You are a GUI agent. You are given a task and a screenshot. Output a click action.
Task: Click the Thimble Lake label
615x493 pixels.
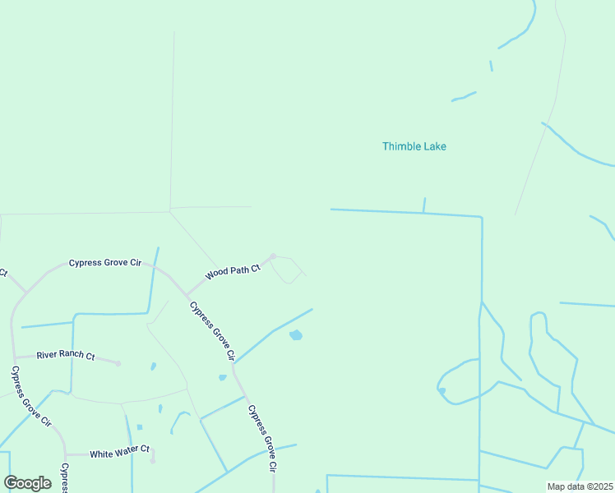(414, 146)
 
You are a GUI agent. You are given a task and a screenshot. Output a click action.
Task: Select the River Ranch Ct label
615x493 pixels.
(65, 357)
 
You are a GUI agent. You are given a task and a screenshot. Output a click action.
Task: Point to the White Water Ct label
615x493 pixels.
(119, 453)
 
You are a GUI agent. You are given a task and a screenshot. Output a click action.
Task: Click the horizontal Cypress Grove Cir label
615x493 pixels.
(105, 263)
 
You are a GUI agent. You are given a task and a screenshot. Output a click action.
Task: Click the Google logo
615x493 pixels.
(27, 483)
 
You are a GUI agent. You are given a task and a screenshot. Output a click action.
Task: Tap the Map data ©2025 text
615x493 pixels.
(580, 486)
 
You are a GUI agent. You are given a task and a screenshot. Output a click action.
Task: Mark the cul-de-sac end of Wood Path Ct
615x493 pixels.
(273, 256)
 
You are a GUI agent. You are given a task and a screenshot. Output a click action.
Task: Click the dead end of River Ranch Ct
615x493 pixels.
(118, 363)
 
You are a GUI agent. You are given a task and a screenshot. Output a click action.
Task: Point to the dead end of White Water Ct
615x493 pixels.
(153, 460)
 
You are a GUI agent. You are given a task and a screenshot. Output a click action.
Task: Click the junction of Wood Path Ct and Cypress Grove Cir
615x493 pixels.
(185, 295)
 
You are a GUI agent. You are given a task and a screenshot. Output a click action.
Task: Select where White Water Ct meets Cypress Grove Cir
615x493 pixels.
(66, 454)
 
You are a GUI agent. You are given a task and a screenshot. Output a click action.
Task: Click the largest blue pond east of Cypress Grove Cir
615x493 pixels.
(296, 335)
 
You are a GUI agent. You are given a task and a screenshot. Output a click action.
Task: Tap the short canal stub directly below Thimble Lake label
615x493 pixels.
(424, 205)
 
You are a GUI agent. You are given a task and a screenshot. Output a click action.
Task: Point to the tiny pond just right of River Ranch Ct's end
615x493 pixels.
(153, 366)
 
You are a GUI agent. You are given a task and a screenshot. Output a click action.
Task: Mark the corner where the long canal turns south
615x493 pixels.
(481, 218)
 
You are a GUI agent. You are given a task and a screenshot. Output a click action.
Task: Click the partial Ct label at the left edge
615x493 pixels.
(3, 272)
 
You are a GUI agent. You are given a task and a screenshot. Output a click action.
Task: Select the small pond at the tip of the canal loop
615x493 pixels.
(442, 391)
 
